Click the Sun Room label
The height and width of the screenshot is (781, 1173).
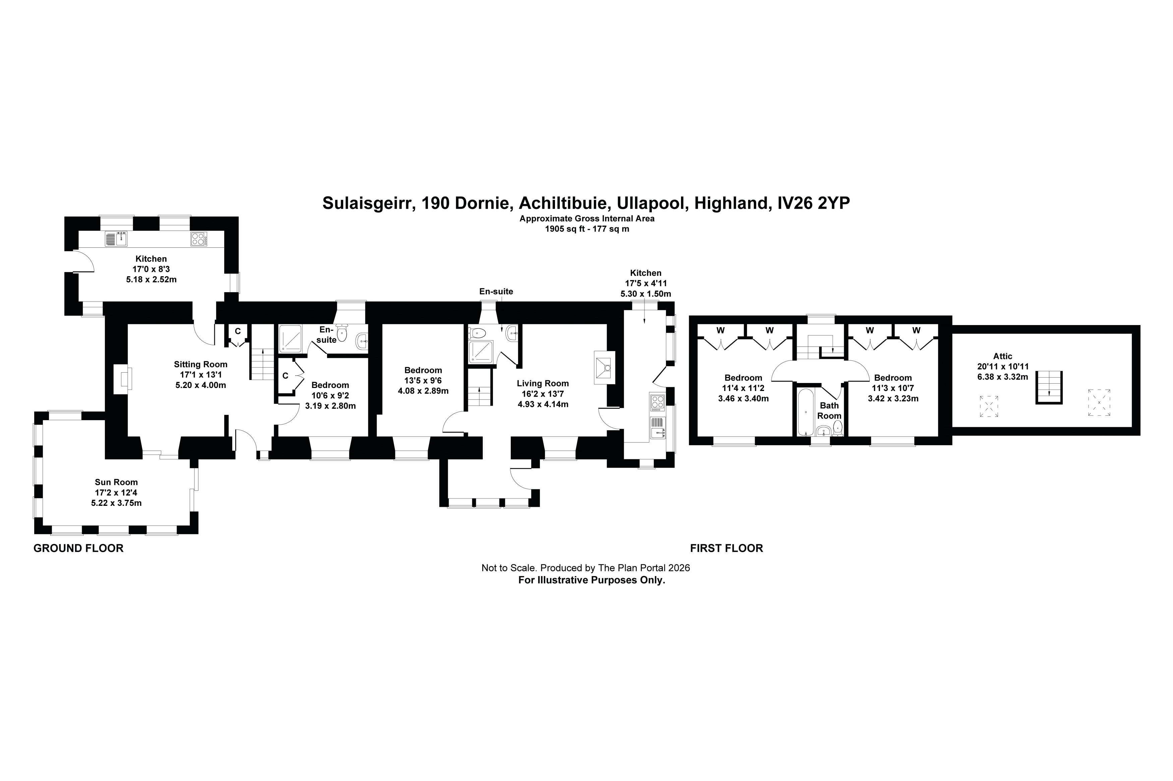[116, 482]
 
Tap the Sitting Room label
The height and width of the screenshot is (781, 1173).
[200, 364]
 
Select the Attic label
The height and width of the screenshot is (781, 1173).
[1002, 356]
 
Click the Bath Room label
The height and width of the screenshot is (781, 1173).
[829, 410]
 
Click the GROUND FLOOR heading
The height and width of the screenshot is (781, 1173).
[78, 548]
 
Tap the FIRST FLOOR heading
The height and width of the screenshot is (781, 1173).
[726, 548]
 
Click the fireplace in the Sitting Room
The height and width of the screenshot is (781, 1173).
[122, 379]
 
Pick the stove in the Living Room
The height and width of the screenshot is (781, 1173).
[604, 368]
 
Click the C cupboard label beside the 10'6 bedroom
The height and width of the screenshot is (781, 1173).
[285, 376]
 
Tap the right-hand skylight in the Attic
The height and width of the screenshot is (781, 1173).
[1099, 402]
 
